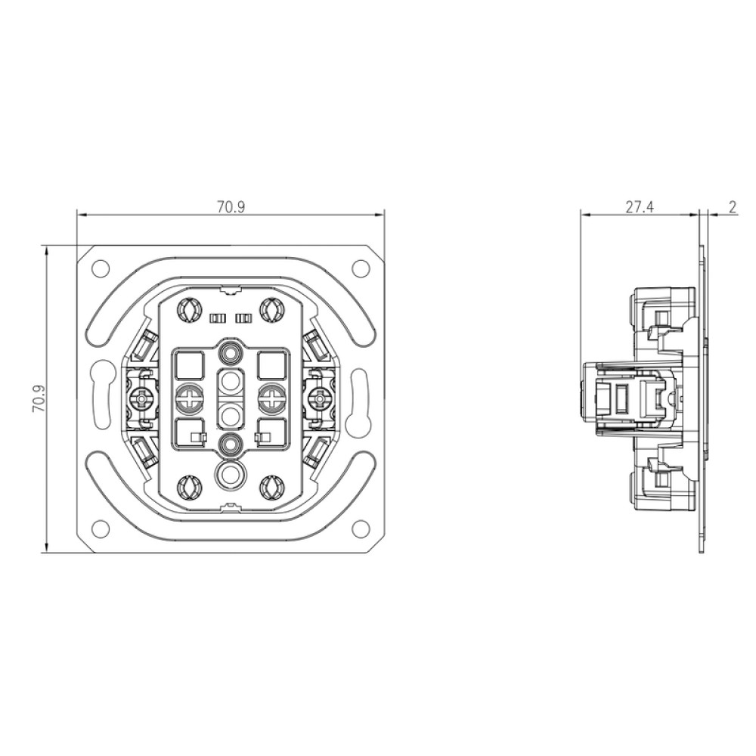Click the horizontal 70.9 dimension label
pyautogui.click(x=231, y=207)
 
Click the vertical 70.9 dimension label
pyautogui.click(x=38, y=398)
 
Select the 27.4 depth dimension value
pyautogui.click(x=640, y=207)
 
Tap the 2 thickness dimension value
pyautogui.click(x=733, y=207)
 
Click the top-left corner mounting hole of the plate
pyautogui.click(x=101, y=268)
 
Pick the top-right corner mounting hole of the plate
pyautogui.click(x=360, y=268)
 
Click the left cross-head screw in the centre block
pyautogui.click(x=188, y=398)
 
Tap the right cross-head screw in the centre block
pyautogui.click(x=272, y=398)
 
